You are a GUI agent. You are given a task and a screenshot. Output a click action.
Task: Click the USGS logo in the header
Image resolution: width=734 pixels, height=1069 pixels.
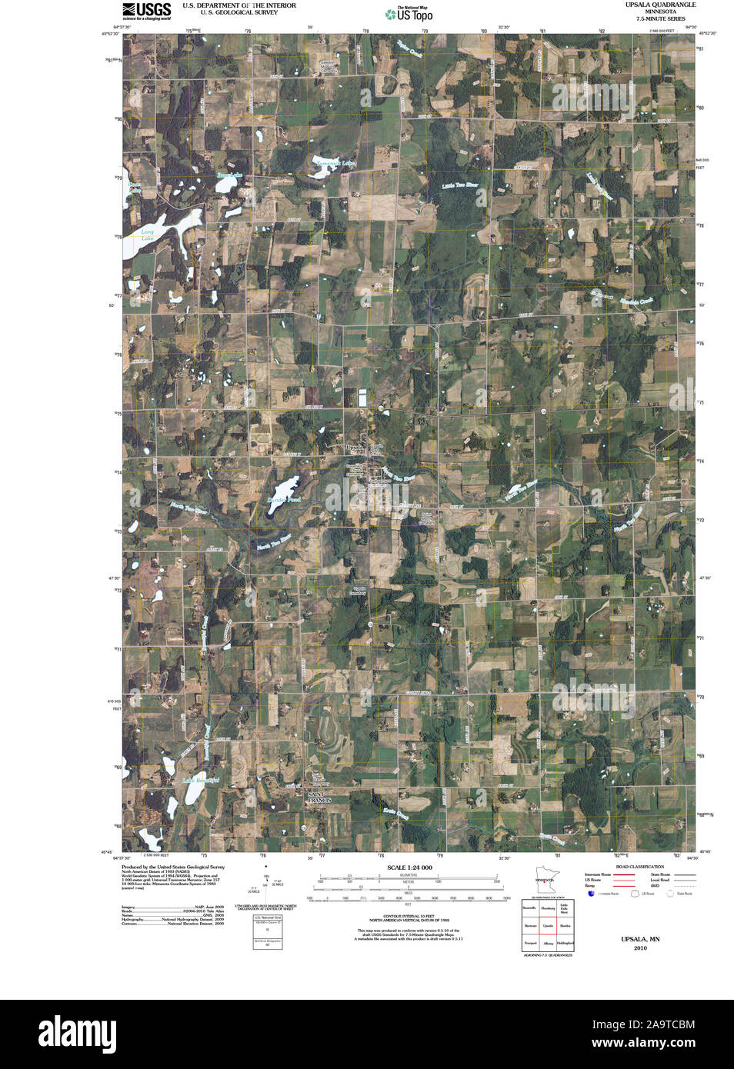click(x=146, y=10)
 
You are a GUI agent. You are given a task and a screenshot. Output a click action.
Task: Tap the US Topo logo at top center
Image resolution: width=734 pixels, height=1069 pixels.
click(x=409, y=14)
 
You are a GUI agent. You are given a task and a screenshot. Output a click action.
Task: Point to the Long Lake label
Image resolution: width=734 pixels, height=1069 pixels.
click(x=147, y=235)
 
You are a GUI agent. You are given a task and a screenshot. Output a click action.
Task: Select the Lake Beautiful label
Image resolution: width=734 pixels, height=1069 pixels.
click(x=200, y=781)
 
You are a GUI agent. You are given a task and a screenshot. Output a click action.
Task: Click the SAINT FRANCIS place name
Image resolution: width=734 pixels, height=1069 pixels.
click(x=319, y=797)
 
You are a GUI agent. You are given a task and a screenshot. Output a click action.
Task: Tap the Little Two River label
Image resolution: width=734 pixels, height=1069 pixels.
click(x=459, y=185)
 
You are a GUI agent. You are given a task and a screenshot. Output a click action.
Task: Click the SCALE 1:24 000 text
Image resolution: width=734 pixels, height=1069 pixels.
click(x=409, y=868)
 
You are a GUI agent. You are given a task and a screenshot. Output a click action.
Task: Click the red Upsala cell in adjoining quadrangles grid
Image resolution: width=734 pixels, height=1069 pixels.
click(x=548, y=925)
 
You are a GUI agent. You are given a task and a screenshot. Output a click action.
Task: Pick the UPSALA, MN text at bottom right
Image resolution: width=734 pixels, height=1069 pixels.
click(x=640, y=940)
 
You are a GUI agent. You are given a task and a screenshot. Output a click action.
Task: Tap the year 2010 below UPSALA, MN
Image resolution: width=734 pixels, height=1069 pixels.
click(x=640, y=948)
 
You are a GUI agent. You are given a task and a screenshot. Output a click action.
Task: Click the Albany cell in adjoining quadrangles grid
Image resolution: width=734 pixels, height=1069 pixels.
click(x=548, y=943)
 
